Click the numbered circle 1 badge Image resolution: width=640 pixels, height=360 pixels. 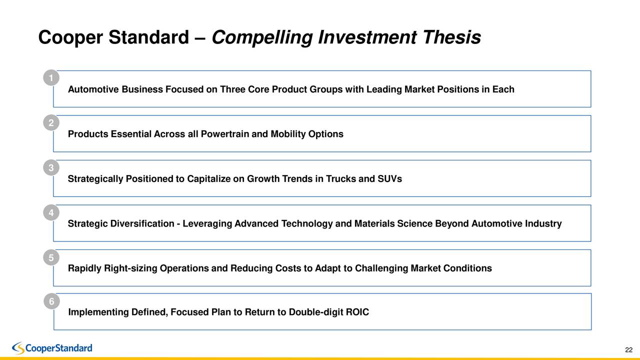(x=51, y=78)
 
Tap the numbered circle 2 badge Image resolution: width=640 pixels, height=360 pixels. (x=51, y=123)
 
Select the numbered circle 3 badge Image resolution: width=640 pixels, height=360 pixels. (x=51, y=167)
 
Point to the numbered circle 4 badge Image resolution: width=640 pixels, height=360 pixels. (x=51, y=212)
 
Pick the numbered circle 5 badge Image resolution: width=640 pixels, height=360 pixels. (x=51, y=257)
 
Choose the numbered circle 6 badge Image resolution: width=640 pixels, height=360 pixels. (x=51, y=301)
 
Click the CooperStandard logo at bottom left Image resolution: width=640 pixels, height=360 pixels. (x=52, y=348)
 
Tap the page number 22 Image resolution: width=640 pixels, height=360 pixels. (x=628, y=349)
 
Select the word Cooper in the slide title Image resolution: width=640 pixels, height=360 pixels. (x=70, y=37)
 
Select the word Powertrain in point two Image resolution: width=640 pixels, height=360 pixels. (x=227, y=134)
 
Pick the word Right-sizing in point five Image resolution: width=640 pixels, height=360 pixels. (x=130, y=268)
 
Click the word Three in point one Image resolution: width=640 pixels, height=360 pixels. (x=232, y=90)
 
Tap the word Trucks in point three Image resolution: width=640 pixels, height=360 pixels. (x=341, y=179)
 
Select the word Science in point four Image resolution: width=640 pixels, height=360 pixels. (x=415, y=224)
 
